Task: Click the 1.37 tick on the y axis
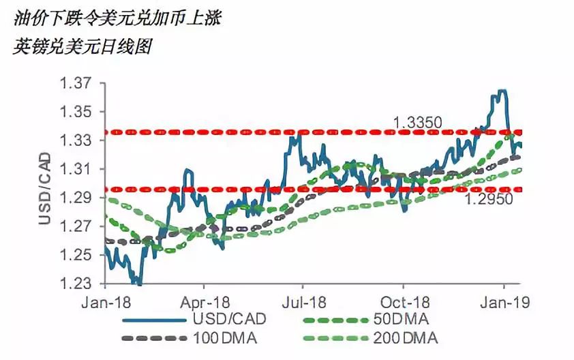click(75, 84)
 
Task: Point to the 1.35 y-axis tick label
click(75, 112)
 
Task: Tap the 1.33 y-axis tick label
click(75, 141)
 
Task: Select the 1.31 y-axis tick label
click(75, 170)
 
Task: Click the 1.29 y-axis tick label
click(75, 198)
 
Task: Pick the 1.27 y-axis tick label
click(75, 227)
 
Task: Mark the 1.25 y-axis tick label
click(75, 256)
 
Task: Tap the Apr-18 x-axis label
click(205, 301)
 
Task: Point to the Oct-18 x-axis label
click(403, 301)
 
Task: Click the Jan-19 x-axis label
click(504, 301)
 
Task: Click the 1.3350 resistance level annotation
click(418, 123)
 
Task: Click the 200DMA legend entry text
click(406, 337)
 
